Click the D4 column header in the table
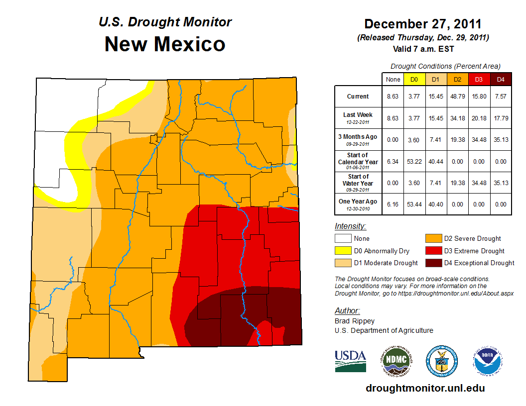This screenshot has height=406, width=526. click(500, 79)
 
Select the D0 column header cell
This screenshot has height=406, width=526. click(414, 79)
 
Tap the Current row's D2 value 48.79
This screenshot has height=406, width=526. click(457, 97)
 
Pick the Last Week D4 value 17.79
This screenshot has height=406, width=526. click(500, 118)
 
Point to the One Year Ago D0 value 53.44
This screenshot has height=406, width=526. click(414, 204)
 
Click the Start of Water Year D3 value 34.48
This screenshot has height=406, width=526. click(479, 183)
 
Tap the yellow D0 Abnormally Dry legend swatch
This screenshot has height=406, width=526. click(343, 251)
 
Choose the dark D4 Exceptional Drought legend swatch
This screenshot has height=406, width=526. click(432, 263)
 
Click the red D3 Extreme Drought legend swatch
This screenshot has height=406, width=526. click(432, 251)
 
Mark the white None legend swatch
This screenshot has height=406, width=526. click(343, 239)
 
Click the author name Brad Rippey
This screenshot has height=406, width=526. click(355, 321)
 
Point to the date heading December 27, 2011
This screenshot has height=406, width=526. click(423, 24)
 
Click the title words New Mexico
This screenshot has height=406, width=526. click(165, 44)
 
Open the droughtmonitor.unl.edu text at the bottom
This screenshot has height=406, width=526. click(425, 388)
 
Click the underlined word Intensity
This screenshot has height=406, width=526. click(350, 226)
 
